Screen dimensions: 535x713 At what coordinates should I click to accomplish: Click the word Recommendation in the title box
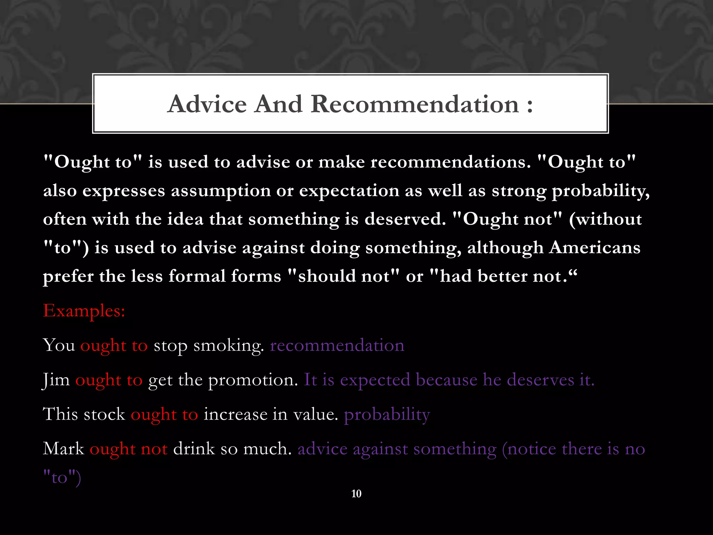click(415, 104)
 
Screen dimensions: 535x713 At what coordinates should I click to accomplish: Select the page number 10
click(356, 494)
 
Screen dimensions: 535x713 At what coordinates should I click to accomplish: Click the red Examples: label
click(84, 310)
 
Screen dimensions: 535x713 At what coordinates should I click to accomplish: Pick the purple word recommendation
click(337, 345)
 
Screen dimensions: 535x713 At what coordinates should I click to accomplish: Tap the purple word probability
click(387, 414)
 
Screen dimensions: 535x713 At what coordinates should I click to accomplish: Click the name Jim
click(56, 380)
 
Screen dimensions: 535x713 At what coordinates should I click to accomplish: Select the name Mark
click(63, 449)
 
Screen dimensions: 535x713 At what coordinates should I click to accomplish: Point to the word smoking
click(228, 346)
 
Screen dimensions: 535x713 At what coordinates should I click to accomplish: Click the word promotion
click(253, 380)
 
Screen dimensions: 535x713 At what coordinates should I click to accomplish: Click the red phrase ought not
click(128, 449)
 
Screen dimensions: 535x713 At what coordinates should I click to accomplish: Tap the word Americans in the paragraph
click(595, 248)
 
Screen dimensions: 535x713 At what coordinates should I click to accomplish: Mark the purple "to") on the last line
click(62, 478)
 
